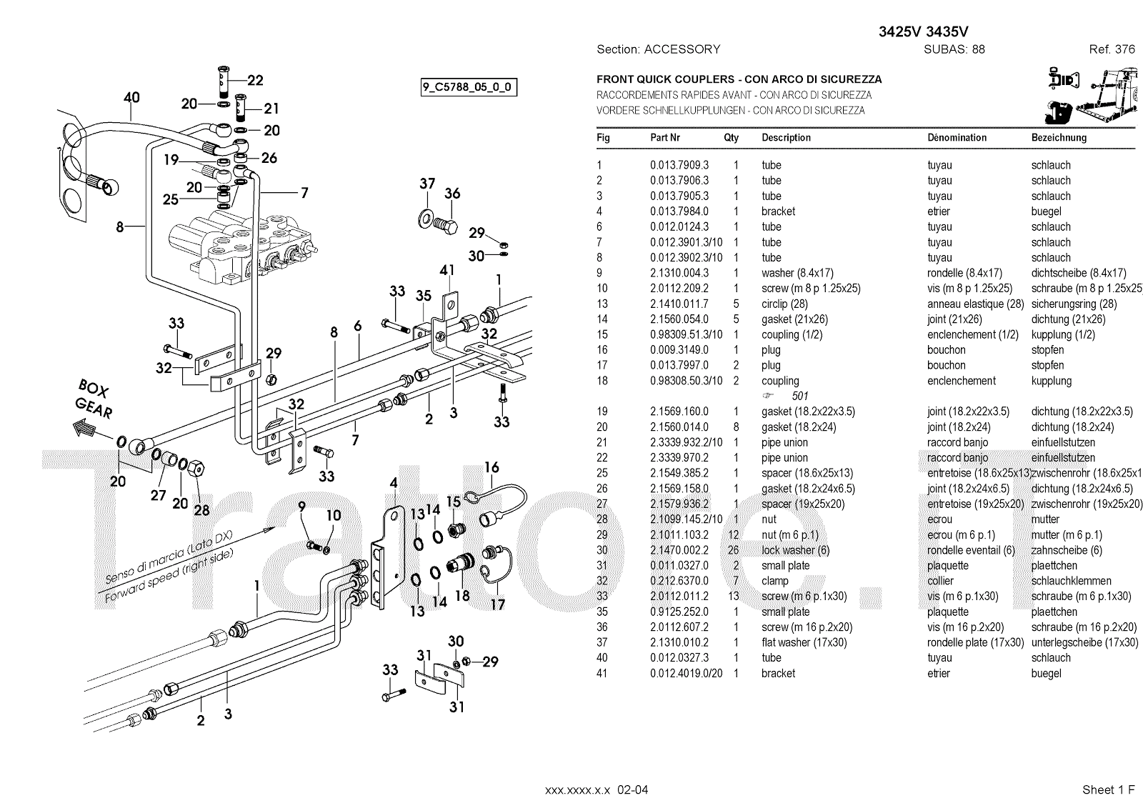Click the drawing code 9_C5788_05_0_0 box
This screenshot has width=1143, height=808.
pos(469,88)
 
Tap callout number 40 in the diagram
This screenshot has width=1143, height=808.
pos(131,98)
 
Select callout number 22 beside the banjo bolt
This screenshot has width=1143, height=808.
pos(255,81)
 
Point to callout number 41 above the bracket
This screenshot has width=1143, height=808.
pos(447,270)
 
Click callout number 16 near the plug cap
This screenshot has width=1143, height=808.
pos(491,468)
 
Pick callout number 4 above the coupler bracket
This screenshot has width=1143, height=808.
pos(393,484)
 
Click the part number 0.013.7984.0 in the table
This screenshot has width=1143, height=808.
pos(679,211)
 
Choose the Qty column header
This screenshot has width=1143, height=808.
pos(731,137)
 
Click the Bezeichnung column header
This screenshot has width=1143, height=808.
pos(1059,137)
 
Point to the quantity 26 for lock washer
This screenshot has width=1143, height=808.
pos(736,550)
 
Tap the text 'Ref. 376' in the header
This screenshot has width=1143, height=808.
pos(1112,49)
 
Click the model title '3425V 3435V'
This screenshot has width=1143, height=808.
pos(923,31)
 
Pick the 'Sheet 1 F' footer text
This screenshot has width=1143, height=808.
pos(1108,789)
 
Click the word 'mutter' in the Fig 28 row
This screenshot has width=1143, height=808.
pos(1045,519)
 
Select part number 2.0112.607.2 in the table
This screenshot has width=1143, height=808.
pos(679,627)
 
